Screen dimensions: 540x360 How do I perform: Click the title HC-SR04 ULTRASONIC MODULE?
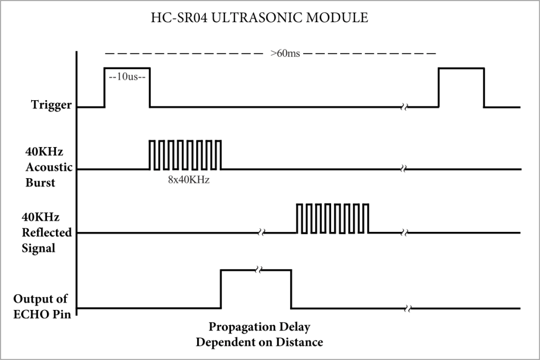click(259, 17)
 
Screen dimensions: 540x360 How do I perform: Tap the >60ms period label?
click(285, 54)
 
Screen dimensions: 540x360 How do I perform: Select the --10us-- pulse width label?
click(127, 76)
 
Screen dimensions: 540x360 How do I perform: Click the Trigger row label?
click(51, 104)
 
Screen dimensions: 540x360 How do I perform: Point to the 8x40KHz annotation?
click(189, 180)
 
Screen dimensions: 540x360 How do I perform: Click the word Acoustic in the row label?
click(49, 167)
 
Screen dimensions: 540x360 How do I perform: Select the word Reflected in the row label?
click(46, 232)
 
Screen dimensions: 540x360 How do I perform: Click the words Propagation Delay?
click(259, 327)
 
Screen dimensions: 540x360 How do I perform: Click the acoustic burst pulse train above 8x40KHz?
click(185, 155)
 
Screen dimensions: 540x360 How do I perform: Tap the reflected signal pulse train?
click(333, 219)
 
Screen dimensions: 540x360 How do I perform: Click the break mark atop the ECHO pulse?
click(258, 270)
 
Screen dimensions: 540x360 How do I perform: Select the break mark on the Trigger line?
click(404, 107)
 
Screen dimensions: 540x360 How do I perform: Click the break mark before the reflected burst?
click(262, 232)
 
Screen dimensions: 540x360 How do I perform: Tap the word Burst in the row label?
click(40, 182)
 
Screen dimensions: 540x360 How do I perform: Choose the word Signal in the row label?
click(38, 248)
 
